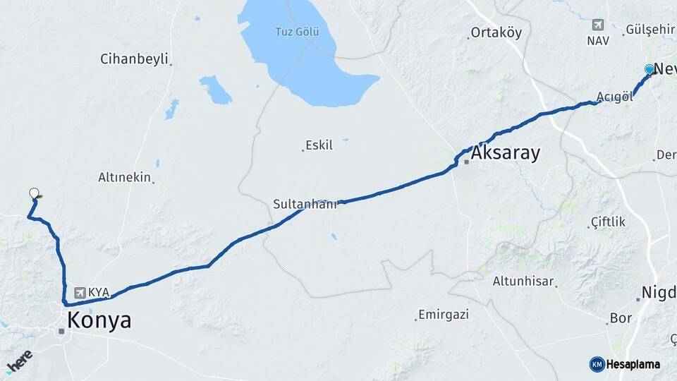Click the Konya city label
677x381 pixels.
pos(99,321)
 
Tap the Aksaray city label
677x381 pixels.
pos(506,153)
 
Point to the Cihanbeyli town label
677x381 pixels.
pos(135,59)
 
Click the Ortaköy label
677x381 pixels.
pos(496,32)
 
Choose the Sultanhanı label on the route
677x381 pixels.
pos(305,204)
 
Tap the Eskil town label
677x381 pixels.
pos(319,145)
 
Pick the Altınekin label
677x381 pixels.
pos(125,177)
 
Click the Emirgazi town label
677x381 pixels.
pos(444,314)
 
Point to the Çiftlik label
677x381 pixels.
pos(607,222)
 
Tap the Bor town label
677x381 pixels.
pos(621,318)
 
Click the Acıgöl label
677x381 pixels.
pos(614,97)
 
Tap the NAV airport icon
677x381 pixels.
pos(598,25)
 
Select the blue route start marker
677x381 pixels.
pos(649,69)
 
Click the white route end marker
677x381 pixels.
pos(34,193)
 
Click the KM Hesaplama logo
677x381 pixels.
pos(625,364)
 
